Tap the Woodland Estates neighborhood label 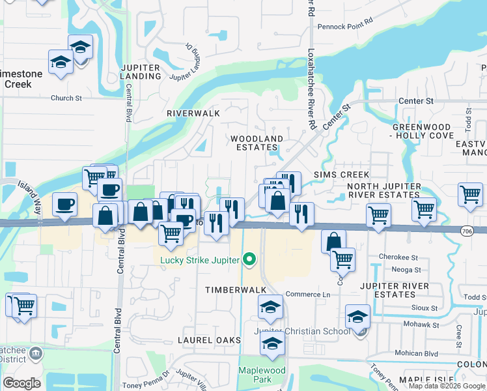click(257, 143)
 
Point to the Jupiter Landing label click(140, 72)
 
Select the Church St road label click(66, 98)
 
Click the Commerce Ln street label click(308, 295)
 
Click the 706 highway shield click(466, 231)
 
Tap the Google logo click(21, 383)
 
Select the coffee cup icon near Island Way click(64, 204)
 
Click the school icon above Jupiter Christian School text click(357, 316)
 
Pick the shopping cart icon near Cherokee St click(342, 259)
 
